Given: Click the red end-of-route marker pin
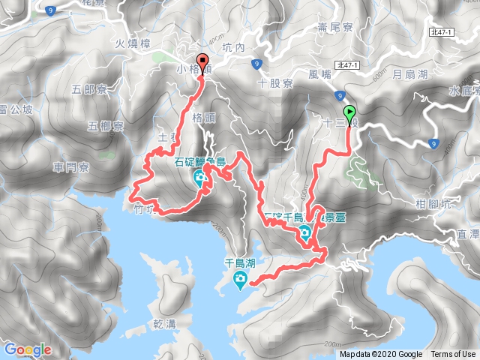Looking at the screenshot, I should tap(201, 62).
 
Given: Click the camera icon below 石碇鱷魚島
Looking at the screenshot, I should tap(199, 178).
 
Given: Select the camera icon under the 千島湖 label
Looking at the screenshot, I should tap(239, 281).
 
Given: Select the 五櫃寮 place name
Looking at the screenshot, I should tap(106, 125).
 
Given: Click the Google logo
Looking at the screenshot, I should tap(27, 349).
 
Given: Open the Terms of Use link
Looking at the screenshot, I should tap(453, 355).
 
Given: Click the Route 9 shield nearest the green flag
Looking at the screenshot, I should tap(340, 95).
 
